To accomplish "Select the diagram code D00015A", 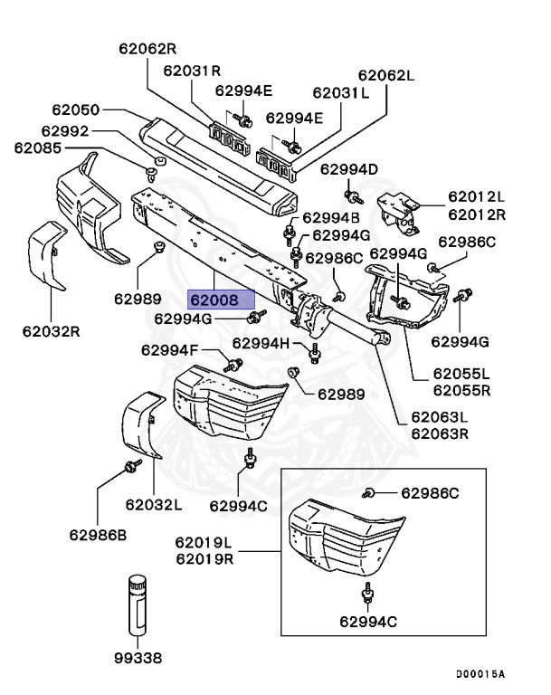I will point(480,674).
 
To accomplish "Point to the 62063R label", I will point(440,433).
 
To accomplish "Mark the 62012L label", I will point(477,196).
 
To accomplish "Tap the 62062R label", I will point(146,48).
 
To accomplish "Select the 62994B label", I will point(330,217).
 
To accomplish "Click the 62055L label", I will point(461,373).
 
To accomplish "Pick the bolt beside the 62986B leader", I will point(130,466).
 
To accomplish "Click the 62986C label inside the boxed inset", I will point(430,493).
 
